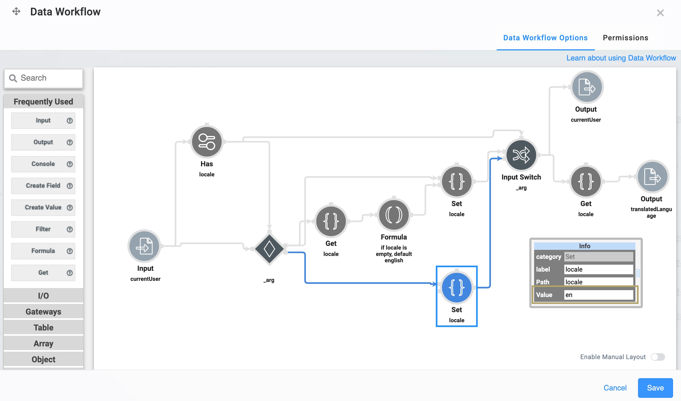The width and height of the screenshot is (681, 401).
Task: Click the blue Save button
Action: (x=655, y=388)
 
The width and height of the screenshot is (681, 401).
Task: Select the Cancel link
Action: (x=615, y=388)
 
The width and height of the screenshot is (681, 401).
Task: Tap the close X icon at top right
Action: (x=660, y=13)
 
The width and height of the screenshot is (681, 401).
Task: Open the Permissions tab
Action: (x=625, y=38)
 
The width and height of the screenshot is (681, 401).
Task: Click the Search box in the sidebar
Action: (x=43, y=78)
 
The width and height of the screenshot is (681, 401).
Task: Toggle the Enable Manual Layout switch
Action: (x=658, y=357)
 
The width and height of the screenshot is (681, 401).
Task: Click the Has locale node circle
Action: (x=207, y=142)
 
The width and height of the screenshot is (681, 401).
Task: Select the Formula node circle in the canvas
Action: (x=394, y=215)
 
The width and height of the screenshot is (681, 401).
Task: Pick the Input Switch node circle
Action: (x=521, y=155)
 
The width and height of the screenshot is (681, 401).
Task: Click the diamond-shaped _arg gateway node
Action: (x=269, y=249)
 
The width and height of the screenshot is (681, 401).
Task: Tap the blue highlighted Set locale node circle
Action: (x=456, y=287)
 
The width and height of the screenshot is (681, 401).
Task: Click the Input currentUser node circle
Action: (x=144, y=246)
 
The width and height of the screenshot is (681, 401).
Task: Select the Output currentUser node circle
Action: (x=587, y=87)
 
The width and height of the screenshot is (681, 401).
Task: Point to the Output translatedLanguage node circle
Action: (x=652, y=176)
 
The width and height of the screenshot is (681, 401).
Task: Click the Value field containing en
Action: (x=598, y=295)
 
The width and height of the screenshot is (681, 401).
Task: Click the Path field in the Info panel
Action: (x=598, y=282)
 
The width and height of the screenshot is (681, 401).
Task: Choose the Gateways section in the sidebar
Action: (x=43, y=312)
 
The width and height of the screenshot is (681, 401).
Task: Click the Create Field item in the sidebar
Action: (x=43, y=186)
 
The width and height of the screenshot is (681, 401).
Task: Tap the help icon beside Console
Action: (x=70, y=164)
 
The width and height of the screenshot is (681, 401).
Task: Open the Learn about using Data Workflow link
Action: (x=621, y=58)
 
